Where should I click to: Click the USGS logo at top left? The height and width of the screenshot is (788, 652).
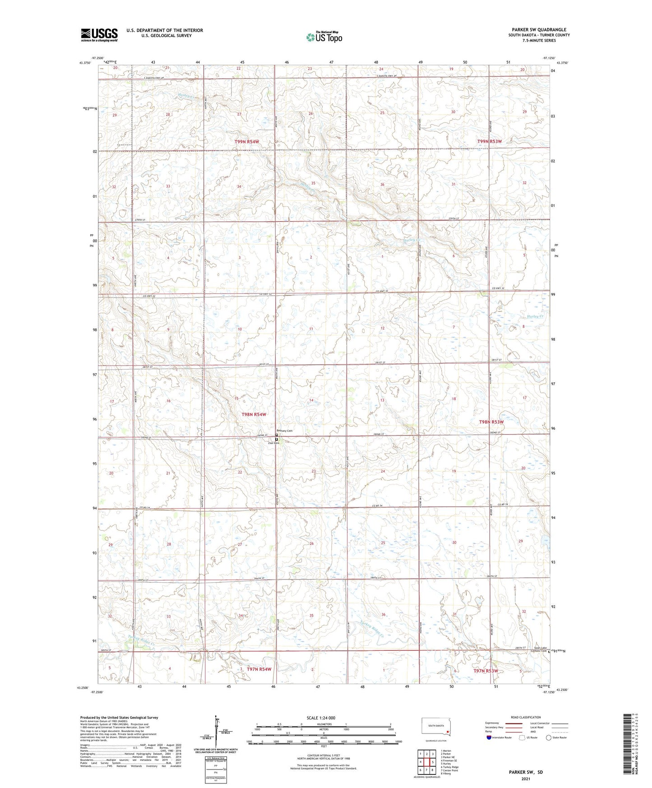tap(99, 35)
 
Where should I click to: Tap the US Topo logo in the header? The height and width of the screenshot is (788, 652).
tap(324, 37)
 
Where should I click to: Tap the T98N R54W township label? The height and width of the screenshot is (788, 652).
tap(254, 414)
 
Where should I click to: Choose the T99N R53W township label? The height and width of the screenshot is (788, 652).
tap(489, 141)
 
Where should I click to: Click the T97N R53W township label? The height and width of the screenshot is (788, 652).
tap(486, 671)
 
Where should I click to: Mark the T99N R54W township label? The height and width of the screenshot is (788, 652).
tap(247, 142)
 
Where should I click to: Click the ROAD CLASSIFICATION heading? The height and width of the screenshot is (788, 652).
tap(525, 717)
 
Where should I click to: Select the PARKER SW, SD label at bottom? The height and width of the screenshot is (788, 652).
tap(525, 772)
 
